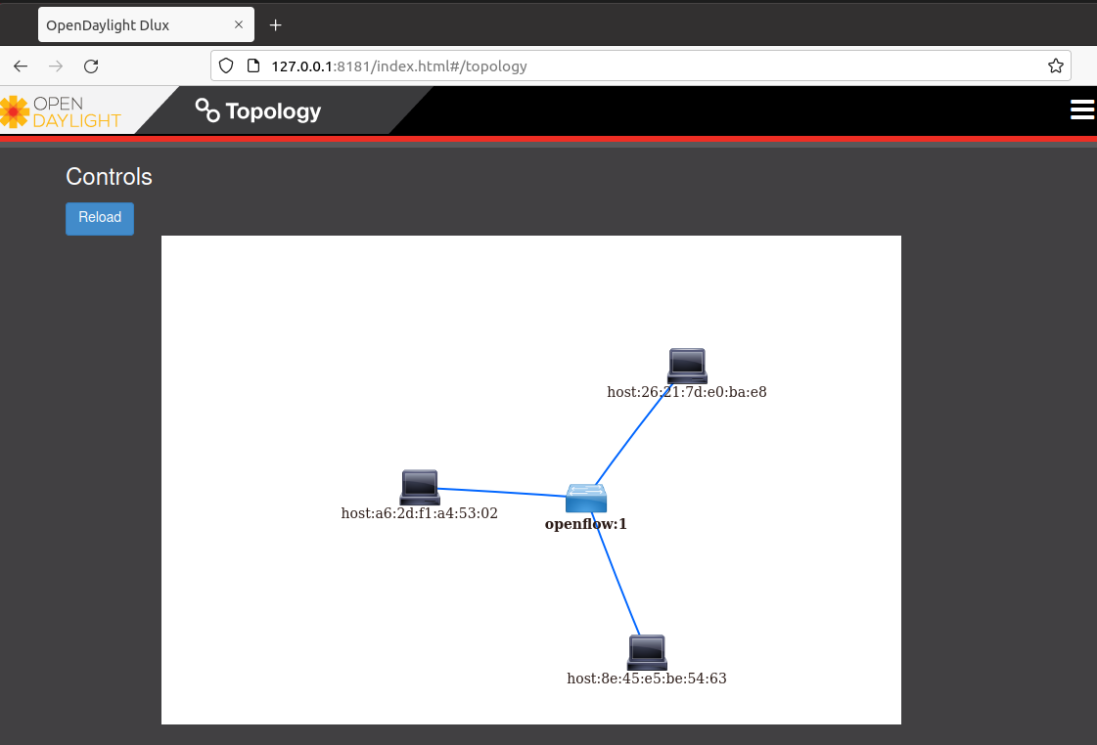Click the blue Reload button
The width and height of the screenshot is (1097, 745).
(x=100, y=218)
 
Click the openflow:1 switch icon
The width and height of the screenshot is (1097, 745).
(x=586, y=499)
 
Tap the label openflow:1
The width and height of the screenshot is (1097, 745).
(x=585, y=524)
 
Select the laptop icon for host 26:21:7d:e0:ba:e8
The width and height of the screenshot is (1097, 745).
(x=687, y=366)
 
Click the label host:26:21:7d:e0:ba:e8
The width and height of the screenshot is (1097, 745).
(x=686, y=392)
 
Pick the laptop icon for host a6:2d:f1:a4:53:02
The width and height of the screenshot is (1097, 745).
(x=420, y=487)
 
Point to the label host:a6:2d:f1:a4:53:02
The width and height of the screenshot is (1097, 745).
(x=419, y=513)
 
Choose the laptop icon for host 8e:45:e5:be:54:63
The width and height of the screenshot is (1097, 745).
(x=647, y=652)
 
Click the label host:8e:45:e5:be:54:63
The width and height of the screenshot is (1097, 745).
(x=646, y=679)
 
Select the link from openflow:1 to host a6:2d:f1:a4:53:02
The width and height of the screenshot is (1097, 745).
(x=501, y=493)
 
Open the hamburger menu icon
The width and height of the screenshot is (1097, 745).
(x=1082, y=110)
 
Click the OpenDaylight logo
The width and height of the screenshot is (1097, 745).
(x=61, y=111)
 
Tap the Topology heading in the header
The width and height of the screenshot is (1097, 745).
(x=259, y=111)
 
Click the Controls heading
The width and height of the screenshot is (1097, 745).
(x=109, y=177)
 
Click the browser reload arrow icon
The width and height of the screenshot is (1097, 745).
(x=91, y=66)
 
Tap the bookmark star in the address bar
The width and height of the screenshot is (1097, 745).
(x=1056, y=66)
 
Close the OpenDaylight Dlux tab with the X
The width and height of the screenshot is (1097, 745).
(x=239, y=24)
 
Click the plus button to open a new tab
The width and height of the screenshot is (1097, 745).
(x=276, y=24)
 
